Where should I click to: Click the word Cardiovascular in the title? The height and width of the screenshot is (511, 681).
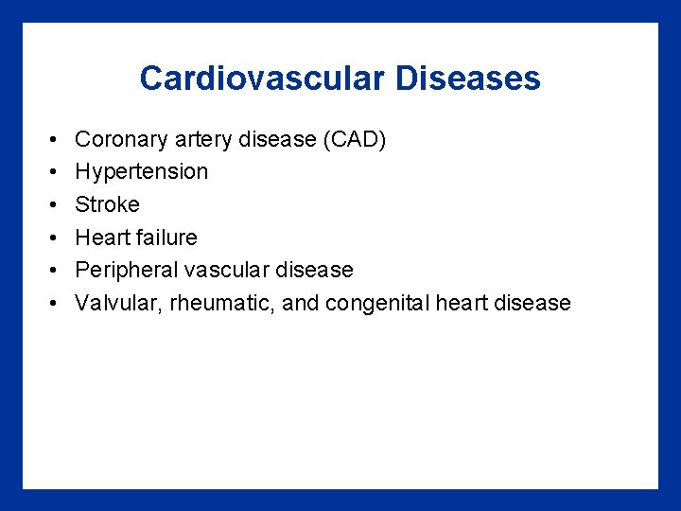263,79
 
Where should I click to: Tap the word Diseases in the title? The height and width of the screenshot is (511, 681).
468,79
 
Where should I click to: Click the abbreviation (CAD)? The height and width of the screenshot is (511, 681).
354,139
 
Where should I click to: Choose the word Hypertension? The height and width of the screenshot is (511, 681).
141,172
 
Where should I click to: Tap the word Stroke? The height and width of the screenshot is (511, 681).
107,204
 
